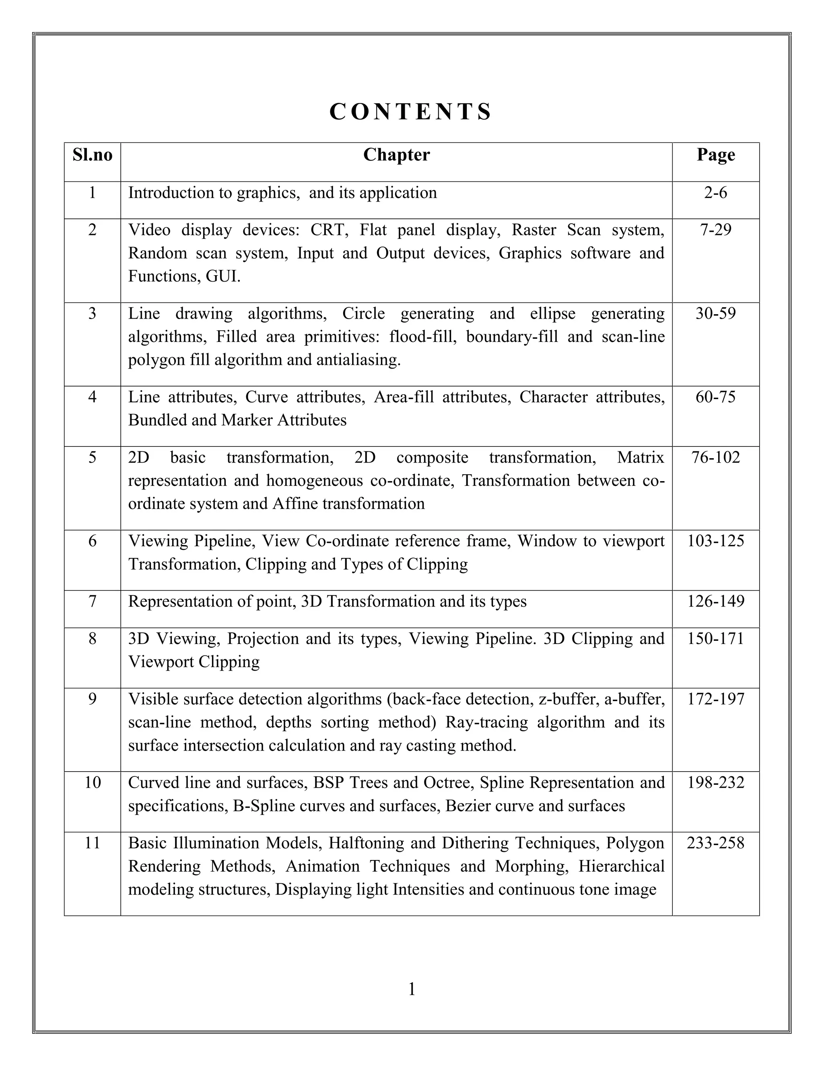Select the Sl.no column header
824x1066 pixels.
(92, 155)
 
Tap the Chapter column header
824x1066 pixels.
(396, 155)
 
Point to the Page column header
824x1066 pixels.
(716, 155)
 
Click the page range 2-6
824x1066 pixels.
(716, 193)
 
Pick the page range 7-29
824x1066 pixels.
(716, 230)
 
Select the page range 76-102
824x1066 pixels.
(716, 458)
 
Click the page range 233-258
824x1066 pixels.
(716, 843)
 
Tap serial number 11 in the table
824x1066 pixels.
(92, 843)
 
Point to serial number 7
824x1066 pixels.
(92, 601)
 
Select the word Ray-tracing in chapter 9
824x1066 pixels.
(487, 722)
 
